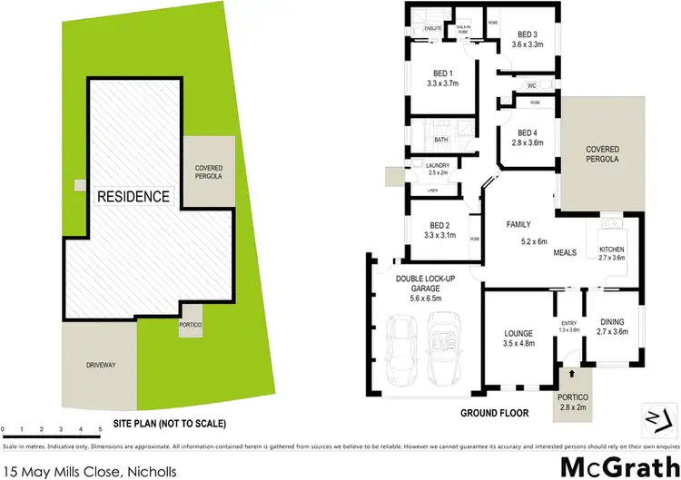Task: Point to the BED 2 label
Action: tap(439, 224)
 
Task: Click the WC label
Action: tap(533, 86)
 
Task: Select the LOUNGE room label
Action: tap(518, 333)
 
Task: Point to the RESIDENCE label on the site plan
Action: tap(133, 196)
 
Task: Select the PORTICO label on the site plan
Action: tap(191, 325)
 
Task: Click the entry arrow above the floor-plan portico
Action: tap(571, 372)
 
